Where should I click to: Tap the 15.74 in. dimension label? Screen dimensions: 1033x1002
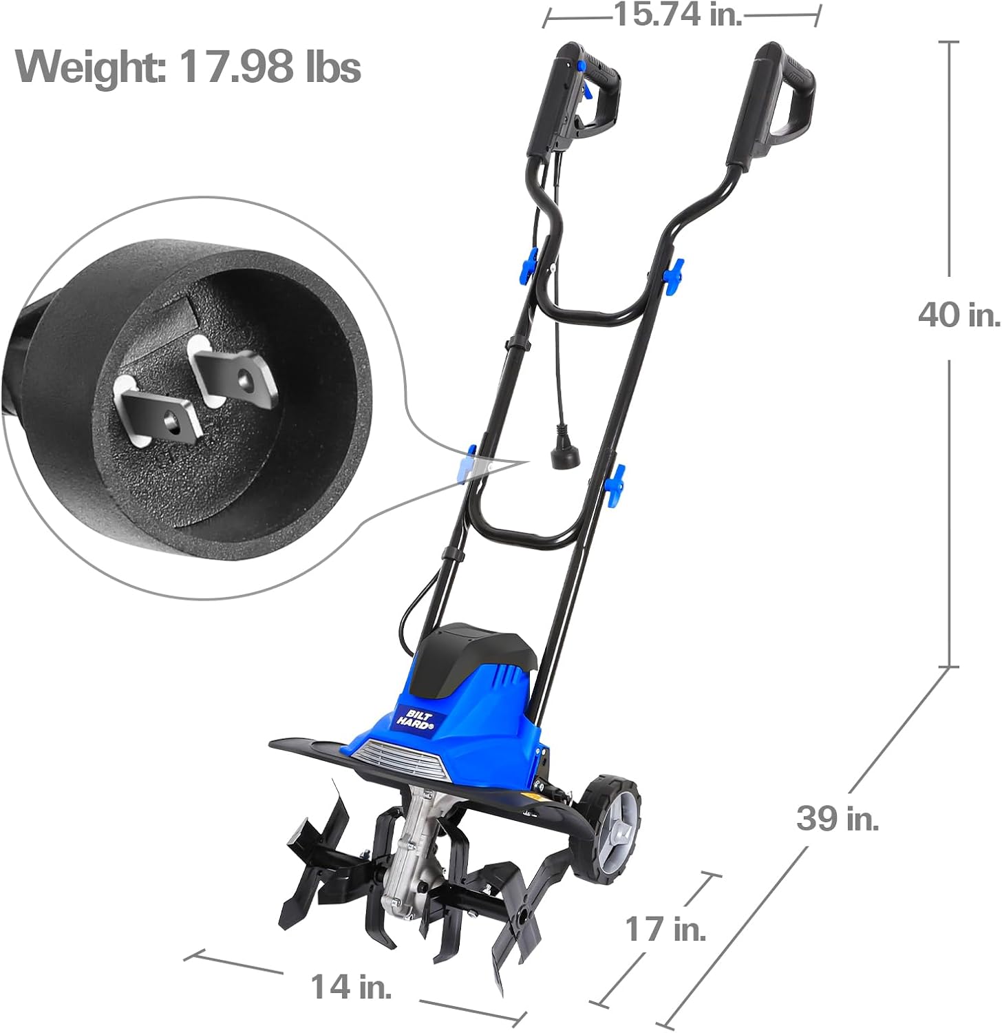coord(678,14)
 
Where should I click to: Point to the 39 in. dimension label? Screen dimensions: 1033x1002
coord(838,818)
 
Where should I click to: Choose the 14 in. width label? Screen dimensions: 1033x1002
coord(351,986)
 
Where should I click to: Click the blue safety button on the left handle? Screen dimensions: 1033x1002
coord(582,65)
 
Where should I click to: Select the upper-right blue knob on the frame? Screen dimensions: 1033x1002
coord(672,273)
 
